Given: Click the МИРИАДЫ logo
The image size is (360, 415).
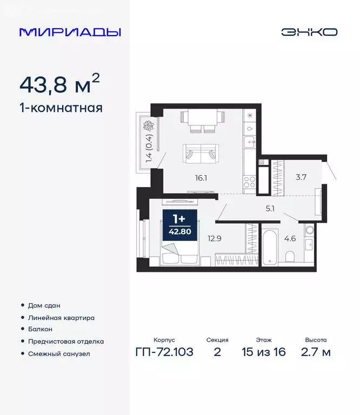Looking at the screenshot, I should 70,32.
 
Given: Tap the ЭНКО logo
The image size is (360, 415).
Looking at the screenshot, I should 309,32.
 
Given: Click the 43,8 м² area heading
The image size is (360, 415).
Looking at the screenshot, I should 59,84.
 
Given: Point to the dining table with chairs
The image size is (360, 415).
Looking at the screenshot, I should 202,121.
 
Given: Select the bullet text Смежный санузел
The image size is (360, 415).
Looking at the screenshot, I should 58,354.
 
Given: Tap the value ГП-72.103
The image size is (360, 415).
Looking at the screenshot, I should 164,352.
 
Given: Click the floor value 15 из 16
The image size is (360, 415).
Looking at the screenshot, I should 264,352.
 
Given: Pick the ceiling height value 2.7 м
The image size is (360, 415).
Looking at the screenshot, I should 316,352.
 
